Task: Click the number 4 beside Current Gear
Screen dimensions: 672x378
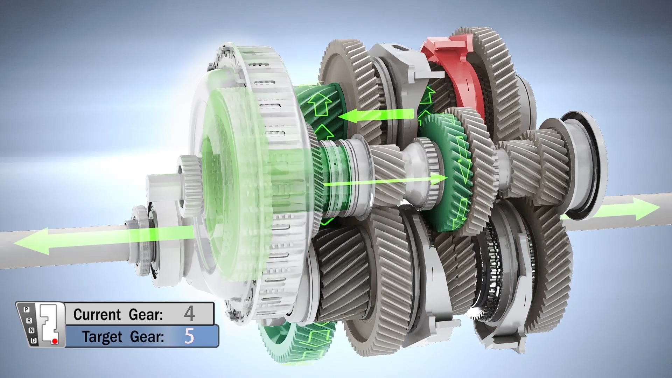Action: [x=189, y=314]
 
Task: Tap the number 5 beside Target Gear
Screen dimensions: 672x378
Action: [x=189, y=336]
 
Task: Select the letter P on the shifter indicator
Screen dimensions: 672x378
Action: [x=26, y=309]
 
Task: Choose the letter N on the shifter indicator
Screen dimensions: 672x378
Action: [x=31, y=330]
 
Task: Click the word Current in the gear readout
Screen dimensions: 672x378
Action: [x=97, y=314]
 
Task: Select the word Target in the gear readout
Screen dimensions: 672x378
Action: [x=103, y=337]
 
